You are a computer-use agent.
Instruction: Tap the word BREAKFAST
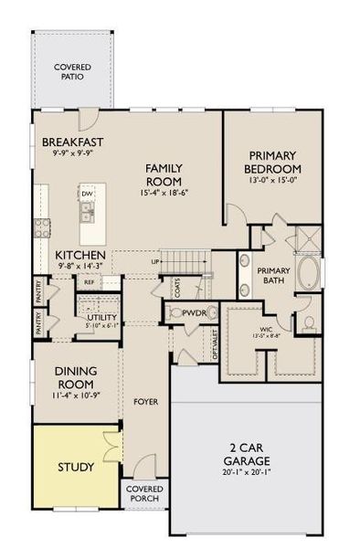(x=72, y=142)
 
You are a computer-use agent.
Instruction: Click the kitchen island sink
(x=87, y=213)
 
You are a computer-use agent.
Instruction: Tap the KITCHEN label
(x=81, y=255)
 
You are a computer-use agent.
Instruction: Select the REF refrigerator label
(x=89, y=282)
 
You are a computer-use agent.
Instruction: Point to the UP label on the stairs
(x=157, y=263)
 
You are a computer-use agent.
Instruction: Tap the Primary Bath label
(x=272, y=276)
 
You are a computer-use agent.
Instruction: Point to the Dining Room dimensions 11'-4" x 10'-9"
(x=75, y=396)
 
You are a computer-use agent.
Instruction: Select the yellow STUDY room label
(x=75, y=467)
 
